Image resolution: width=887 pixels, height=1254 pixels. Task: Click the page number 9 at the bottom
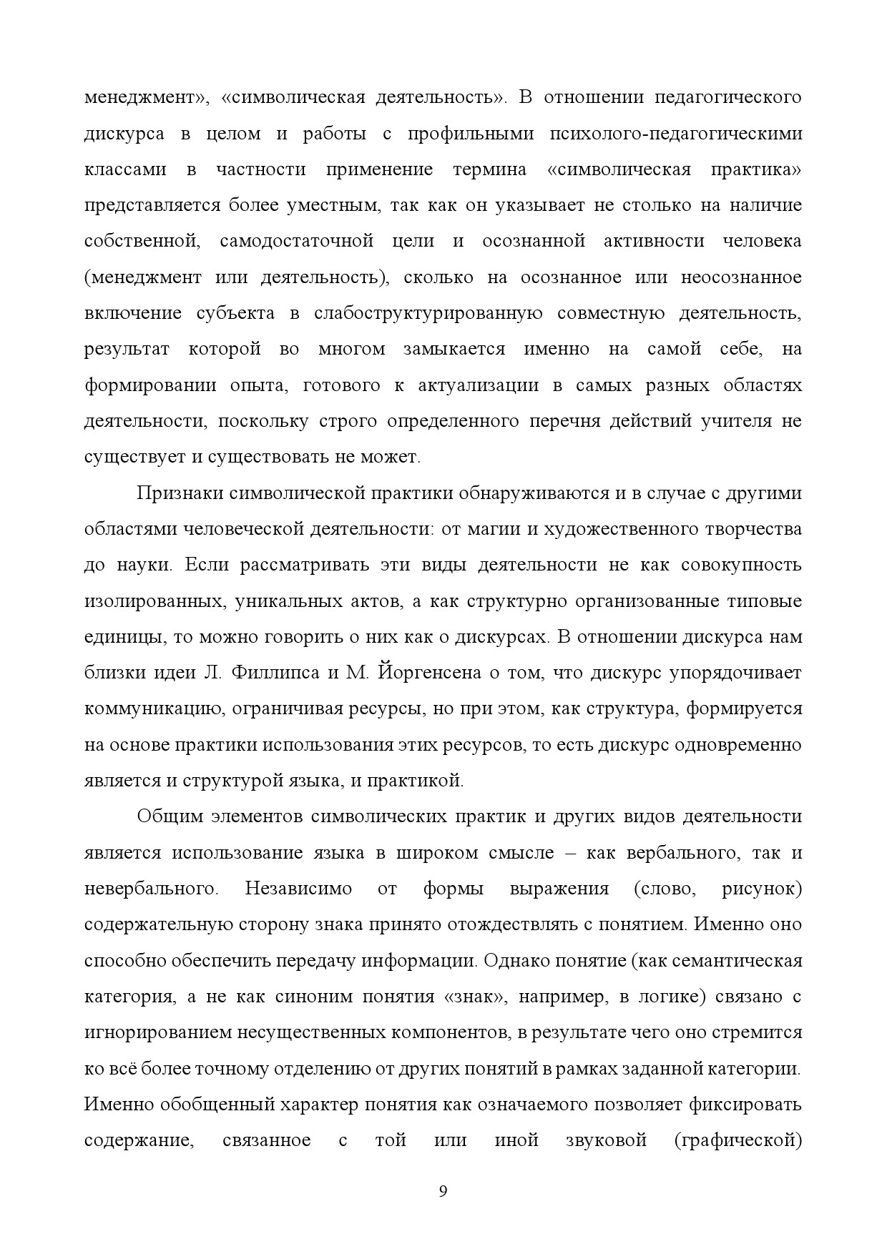[x=443, y=1191]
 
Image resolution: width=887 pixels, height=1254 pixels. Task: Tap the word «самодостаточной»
[x=297, y=241]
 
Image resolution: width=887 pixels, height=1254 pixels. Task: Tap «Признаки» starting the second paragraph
[x=177, y=493]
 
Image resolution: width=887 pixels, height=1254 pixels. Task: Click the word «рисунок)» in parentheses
[x=762, y=889]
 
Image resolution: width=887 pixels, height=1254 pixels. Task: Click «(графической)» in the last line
[x=737, y=1140]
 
